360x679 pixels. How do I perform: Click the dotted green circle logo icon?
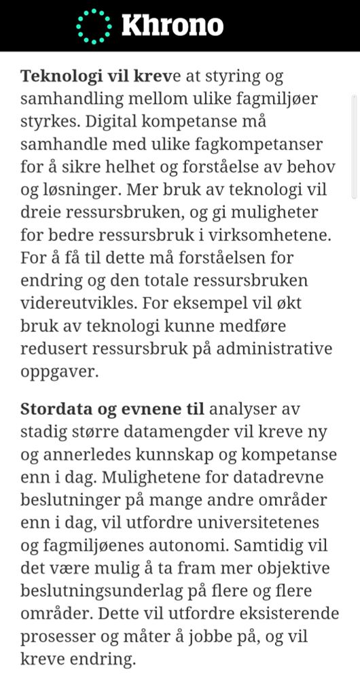pyautogui.click(x=94, y=26)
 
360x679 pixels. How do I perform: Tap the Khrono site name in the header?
pyautogui.click(x=172, y=26)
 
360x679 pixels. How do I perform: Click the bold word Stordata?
pyautogui.click(x=53, y=410)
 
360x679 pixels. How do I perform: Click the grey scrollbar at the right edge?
pyautogui.click(x=354, y=146)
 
